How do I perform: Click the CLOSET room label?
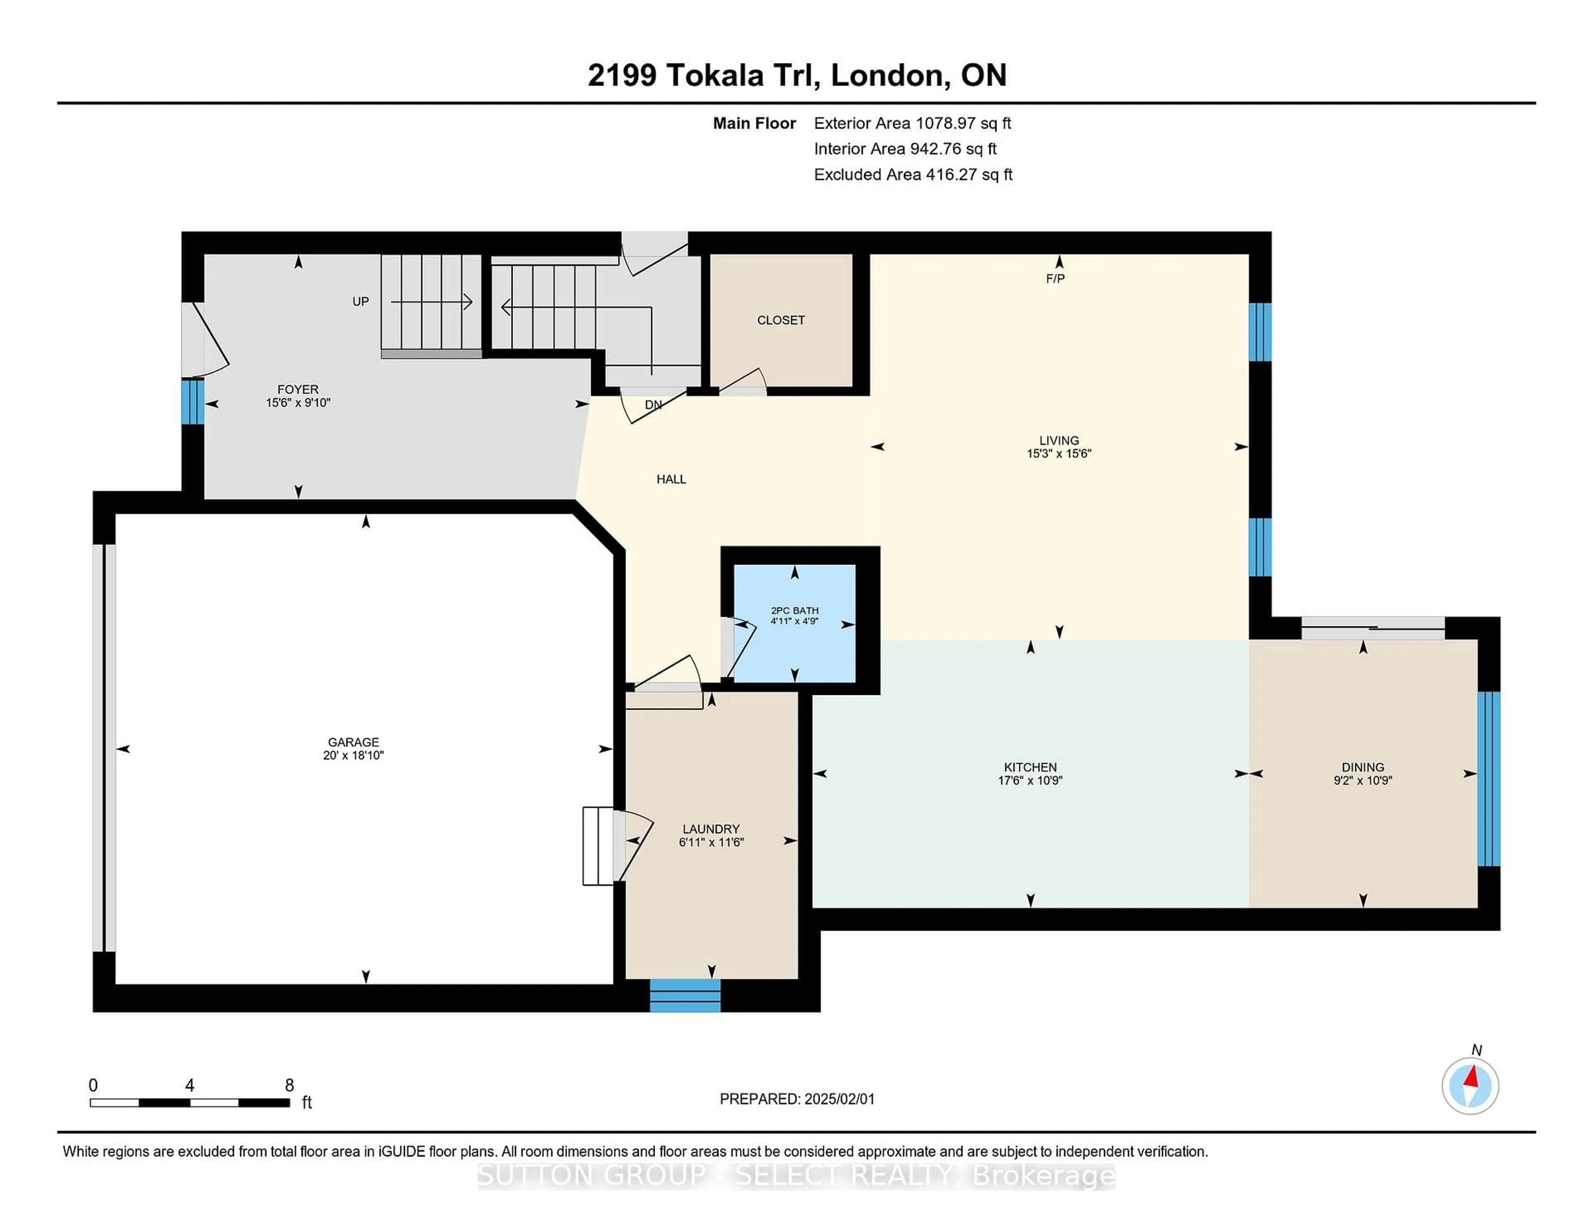pyautogui.click(x=780, y=320)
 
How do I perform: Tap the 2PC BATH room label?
pyautogui.click(x=794, y=610)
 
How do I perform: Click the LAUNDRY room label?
pyautogui.click(x=711, y=829)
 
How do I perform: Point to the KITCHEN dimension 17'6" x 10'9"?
pyautogui.click(x=1030, y=780)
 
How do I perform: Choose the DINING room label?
pyautogui.click(x=1362, y=767)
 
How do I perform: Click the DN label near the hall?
pyautogui.click(x=653, y=405)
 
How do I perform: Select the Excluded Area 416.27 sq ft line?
pyautogui.click(x=913, y=174)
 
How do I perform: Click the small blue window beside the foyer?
pyautogui.click(x=192, y=401)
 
